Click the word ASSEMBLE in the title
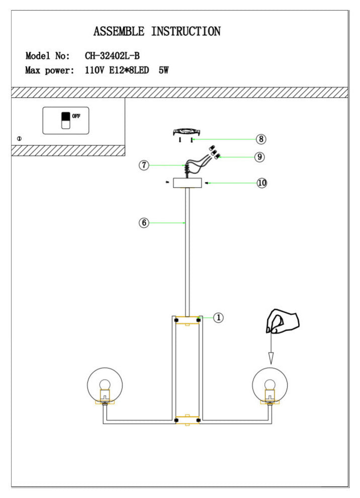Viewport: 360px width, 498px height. tap(119, 32)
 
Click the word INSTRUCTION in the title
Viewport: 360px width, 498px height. tap(186, 32)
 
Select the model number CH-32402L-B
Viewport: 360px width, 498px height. tap(112, 56)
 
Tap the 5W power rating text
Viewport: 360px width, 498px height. tap(163, 70)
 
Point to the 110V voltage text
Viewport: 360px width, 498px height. tap(95, 70)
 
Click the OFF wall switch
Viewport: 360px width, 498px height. tap(66, 121)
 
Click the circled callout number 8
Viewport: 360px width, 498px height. tap(261, 139)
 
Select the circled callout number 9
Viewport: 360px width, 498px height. tap(259, 157)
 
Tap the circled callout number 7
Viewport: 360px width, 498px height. tap(144, 165)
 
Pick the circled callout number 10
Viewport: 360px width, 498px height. tap(262, 183)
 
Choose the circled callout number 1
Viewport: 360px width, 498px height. tap(218, 317)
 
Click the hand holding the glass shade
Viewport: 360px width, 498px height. tap(283, 321)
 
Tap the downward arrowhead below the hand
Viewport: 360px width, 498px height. tap(271, 358)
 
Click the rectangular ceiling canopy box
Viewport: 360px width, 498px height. tap(188, 183)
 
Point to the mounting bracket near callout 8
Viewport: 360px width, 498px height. tap(187, 131)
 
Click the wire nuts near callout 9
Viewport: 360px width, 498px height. tap(215, 152)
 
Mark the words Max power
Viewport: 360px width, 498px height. tap(49, 70)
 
